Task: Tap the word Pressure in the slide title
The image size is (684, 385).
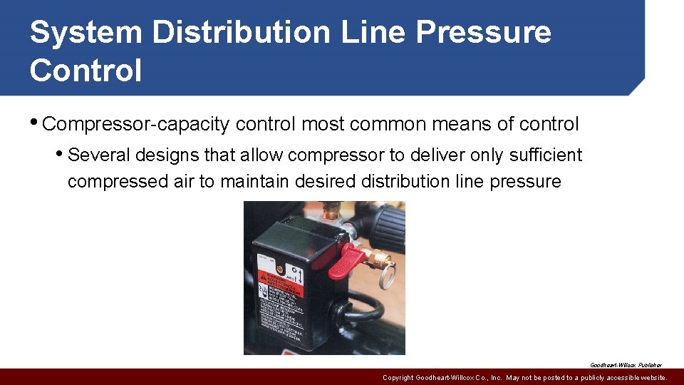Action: tap(484, 33)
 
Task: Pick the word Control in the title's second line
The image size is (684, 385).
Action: tap(86, 71)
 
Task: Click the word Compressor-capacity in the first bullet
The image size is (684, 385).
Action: tap(136, 124)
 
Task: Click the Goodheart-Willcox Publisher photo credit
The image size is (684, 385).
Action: tap(626, 364)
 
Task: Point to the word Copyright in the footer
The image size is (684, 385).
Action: tap(398, 377)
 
